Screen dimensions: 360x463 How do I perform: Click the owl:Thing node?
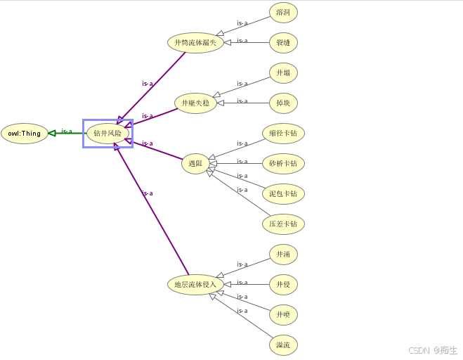[x=25, y=134]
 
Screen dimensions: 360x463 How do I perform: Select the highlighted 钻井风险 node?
[x=107, y=134]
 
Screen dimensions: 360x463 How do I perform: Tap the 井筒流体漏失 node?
[x=195, y=43]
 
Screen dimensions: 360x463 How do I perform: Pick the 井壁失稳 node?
[x=195, y=103]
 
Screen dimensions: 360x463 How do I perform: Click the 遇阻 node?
[x=195, y=165]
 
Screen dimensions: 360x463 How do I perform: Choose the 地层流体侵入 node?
[x=195, y=284]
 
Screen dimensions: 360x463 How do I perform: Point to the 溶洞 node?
[x=283, y=13]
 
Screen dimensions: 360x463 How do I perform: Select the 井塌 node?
[x=283, y=73]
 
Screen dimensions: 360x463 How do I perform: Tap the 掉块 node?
[x=283, y=103]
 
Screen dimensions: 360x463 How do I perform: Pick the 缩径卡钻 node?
[x=283, y=134]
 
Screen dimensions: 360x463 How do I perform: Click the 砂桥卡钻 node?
[x=283, y=164]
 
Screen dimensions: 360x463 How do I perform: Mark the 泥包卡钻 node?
[x=283, y=194]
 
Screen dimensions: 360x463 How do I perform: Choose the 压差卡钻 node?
[x=283, y=224]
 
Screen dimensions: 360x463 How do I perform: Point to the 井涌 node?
[x=283, y=254]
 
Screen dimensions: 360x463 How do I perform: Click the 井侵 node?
[x=283, y=284]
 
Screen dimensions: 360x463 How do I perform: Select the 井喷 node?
[x=283, y=314]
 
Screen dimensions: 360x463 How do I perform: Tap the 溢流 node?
[x=283, y=345]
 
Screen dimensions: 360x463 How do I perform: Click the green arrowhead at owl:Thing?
[x=52, y=133]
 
